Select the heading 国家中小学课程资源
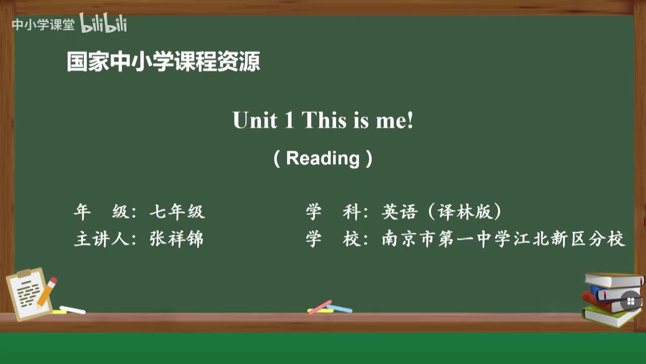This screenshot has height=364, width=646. coord(164,62)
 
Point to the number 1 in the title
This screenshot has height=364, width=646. coord(289,121)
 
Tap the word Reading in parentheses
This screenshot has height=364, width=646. coord(322,158)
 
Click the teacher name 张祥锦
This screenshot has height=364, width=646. coord(177,239)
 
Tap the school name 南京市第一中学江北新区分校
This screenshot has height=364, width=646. coord(503,239)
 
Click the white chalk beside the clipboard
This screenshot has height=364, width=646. coord(73,309)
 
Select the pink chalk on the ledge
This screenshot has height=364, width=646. coord(320,307)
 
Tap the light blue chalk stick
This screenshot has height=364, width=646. coord(340,308)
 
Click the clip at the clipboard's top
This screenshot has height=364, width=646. coord(24,274)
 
